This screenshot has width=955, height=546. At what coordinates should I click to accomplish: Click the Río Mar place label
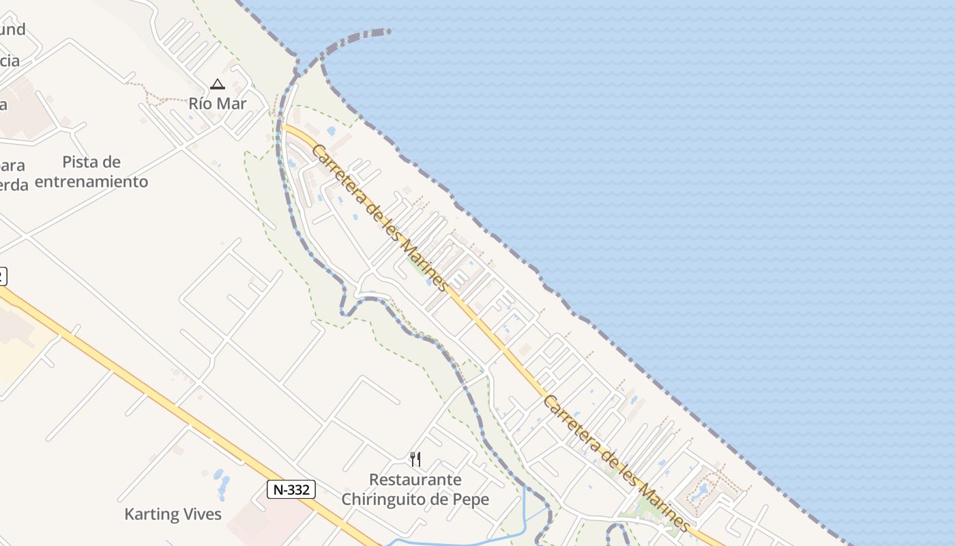coord(218,104)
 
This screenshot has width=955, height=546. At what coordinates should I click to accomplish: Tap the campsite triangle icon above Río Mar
coord(218,85)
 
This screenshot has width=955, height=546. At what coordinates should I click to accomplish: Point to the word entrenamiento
coord(91,182)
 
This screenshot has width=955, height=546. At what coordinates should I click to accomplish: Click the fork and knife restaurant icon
coord(415,459)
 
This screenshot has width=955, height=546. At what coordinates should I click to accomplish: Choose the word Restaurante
coord(415,480)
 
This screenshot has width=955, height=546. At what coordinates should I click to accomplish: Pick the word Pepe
coord(471,500)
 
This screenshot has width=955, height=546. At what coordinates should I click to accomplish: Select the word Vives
coord(203,514)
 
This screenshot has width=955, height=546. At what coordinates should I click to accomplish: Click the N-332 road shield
coord(291,489)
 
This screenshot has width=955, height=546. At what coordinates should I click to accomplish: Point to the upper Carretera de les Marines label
coord(380,218)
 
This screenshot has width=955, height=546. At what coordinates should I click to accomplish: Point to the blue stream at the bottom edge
coord(464,541)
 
